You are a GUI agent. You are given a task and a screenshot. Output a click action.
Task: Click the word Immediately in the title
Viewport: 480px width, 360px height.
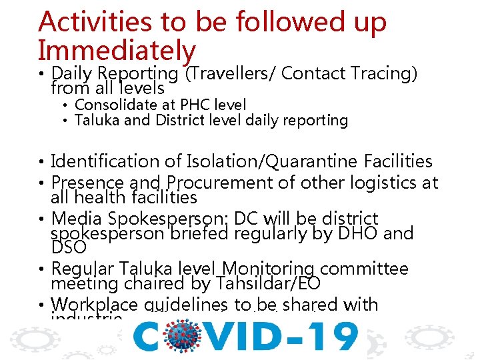coord(117,51)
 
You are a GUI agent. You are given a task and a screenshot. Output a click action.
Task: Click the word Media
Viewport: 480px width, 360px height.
coord(73,219)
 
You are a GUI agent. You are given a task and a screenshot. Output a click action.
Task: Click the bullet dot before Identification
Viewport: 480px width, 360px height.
coord(42,162)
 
